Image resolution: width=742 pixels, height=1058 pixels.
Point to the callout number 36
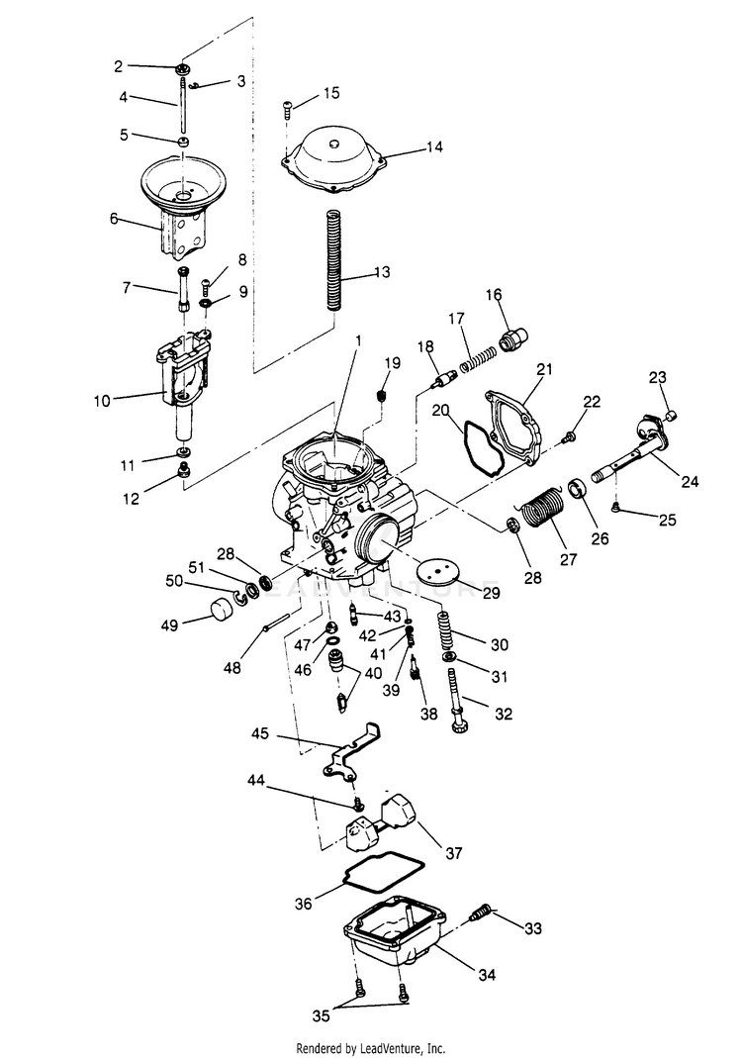pos(304,902)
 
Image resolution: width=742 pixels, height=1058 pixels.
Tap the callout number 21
pos(543,369)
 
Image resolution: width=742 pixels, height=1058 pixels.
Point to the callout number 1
pos(357,339)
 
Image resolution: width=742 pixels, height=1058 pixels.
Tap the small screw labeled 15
pos(288,107)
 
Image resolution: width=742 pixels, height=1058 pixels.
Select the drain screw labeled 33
pos(482,912)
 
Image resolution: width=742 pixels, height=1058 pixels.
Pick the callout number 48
pos(232,668)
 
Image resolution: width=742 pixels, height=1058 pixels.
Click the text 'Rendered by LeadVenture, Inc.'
pos(371,1047)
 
